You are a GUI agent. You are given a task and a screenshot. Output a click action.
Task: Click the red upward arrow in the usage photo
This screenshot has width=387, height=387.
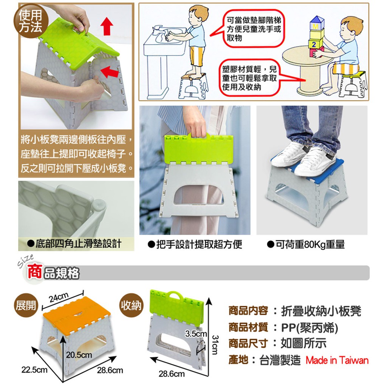point(107,26)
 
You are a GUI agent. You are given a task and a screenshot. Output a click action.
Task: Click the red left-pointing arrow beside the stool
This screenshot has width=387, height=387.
point(110,72)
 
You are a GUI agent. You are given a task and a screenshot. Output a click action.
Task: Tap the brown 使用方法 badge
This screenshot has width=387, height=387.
point(31,22)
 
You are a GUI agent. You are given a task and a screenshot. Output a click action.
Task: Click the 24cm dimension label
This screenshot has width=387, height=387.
point(59,297)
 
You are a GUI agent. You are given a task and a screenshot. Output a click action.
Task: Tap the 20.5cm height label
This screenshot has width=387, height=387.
point(79,354)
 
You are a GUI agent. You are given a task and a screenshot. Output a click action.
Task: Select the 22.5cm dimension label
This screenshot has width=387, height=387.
point(34,370)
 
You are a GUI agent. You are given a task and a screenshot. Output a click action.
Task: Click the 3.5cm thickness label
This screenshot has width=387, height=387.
point(196,334)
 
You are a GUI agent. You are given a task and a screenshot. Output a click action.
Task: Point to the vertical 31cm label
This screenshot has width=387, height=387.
point(215,345)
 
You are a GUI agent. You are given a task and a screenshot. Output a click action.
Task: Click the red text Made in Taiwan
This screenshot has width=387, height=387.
point(337,360)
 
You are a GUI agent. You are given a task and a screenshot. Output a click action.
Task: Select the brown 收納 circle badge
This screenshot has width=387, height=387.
point(131,305)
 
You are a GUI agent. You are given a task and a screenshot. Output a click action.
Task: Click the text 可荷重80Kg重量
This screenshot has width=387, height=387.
point(310,245)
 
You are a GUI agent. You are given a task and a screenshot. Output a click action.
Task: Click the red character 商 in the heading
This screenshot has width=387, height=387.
point(34,272)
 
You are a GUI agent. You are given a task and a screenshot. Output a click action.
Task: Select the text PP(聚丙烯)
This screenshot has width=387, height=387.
point(310,328)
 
